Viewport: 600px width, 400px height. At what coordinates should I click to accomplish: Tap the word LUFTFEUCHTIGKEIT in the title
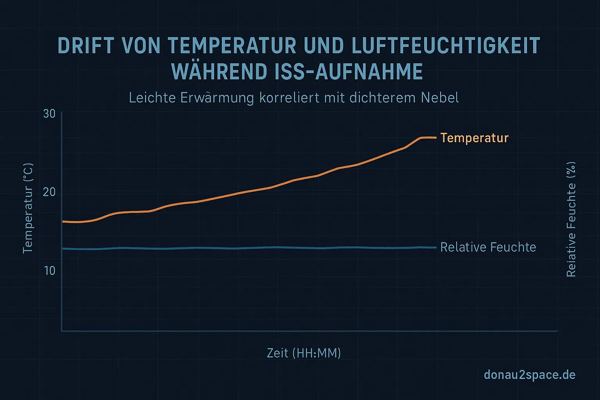pyautogui.click(x=446, y=46)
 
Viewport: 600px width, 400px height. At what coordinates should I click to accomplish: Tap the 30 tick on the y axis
pyautogui.click(x=50, y=114)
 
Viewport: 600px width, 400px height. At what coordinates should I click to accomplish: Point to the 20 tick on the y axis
pyautogui.click(x=50, y=192)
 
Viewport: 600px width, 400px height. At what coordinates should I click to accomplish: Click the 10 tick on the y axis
pyautogui.click(x=50, y=271)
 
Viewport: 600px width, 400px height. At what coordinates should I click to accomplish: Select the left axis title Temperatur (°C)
pyautogui.click(x=28, y=209)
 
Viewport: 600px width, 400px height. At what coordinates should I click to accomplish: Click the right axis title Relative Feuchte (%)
pyautogui.click(x=571, y=220)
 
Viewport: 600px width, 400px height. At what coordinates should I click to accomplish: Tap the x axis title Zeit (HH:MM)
pyautogui.click(x=304, y=353)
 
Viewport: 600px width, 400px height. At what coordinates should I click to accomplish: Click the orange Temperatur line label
pyautogui.click(x=474, y=138)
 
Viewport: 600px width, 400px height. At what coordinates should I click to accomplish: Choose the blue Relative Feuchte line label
pyautogui.click(x=488, y=247)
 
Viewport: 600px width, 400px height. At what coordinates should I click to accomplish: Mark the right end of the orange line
pyautogui.click(x=435, y=137)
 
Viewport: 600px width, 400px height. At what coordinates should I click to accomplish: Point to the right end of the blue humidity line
pyautogui.click(x=435, y=247)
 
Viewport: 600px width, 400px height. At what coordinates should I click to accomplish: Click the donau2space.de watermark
pyautogui.click(x=529, y=375)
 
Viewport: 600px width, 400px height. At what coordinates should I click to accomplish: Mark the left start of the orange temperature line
pyautogui.click(x=63, y=221)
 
